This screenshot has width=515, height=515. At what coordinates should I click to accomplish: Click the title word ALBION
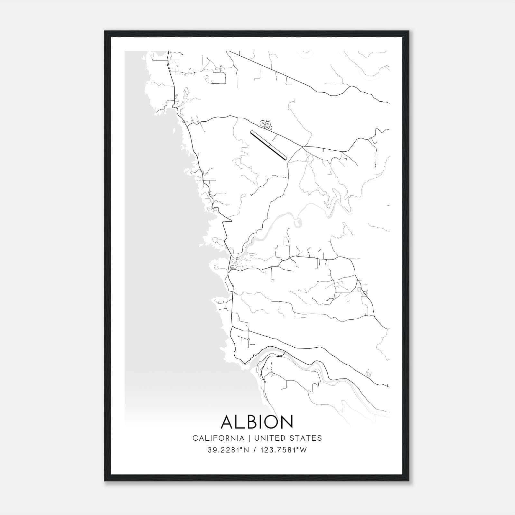point(257,422)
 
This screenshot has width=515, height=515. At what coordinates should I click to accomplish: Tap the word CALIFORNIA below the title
point(218,438)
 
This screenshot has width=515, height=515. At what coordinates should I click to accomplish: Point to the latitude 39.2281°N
point(229,450)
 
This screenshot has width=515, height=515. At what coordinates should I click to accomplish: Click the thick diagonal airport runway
point(268,145)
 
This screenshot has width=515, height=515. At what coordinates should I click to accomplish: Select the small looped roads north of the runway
point(266,124)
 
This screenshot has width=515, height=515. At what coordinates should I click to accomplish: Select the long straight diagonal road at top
point(270,70)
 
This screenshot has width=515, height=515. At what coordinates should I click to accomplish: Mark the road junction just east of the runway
point(303,148)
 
